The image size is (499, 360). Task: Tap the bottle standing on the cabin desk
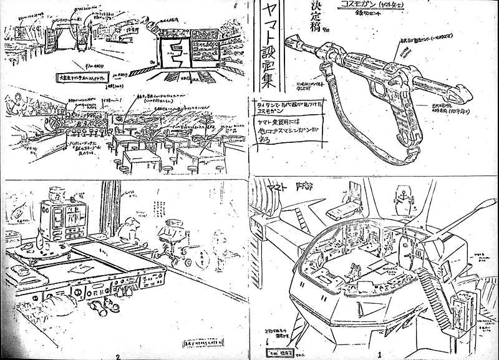(41, 234)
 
